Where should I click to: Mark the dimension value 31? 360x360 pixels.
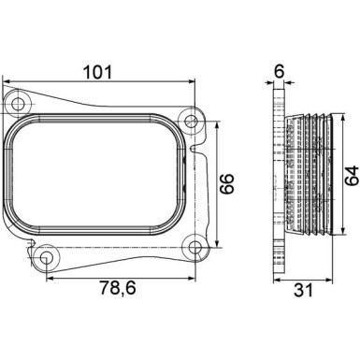coord(302,291)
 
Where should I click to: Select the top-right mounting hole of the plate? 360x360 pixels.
coord(192,120)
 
